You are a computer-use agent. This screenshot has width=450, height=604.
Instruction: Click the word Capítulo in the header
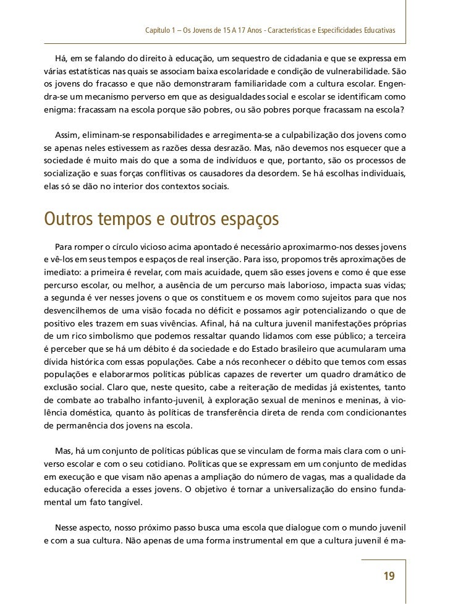pyautogui.click(x=159, y=30)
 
